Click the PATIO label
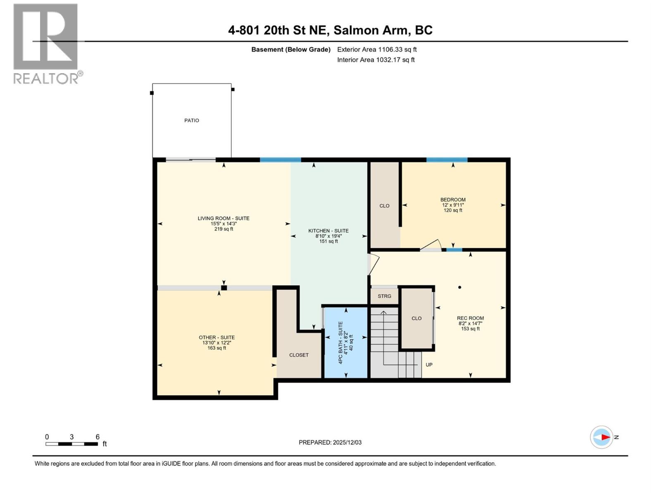(x=191, y=120)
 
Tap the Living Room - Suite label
(x=224, y=218)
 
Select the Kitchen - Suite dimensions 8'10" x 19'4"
(x=328, y=236)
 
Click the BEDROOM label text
(x=453, y=200)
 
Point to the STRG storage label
(x=384, y=296)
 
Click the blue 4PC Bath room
(x=346, y=355)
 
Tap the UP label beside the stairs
(x=429, y=365)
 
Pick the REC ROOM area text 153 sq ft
(x=470, y=329)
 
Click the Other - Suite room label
(x=216, y=337)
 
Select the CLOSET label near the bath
(x=299, y=355)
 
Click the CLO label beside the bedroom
(x=384, y=206)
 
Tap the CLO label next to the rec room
(x=416, y=318)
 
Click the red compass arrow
(x=605, y=437)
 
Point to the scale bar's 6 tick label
(x=97, y=437)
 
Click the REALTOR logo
(x=46, y=43)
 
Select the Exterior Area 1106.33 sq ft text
(x=377, y=50)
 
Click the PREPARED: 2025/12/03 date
(x=330, y=442)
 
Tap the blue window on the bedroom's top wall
(x=447, y=160)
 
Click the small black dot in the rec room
(x=459, y=287)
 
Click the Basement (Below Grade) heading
(x=291, y=50)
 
